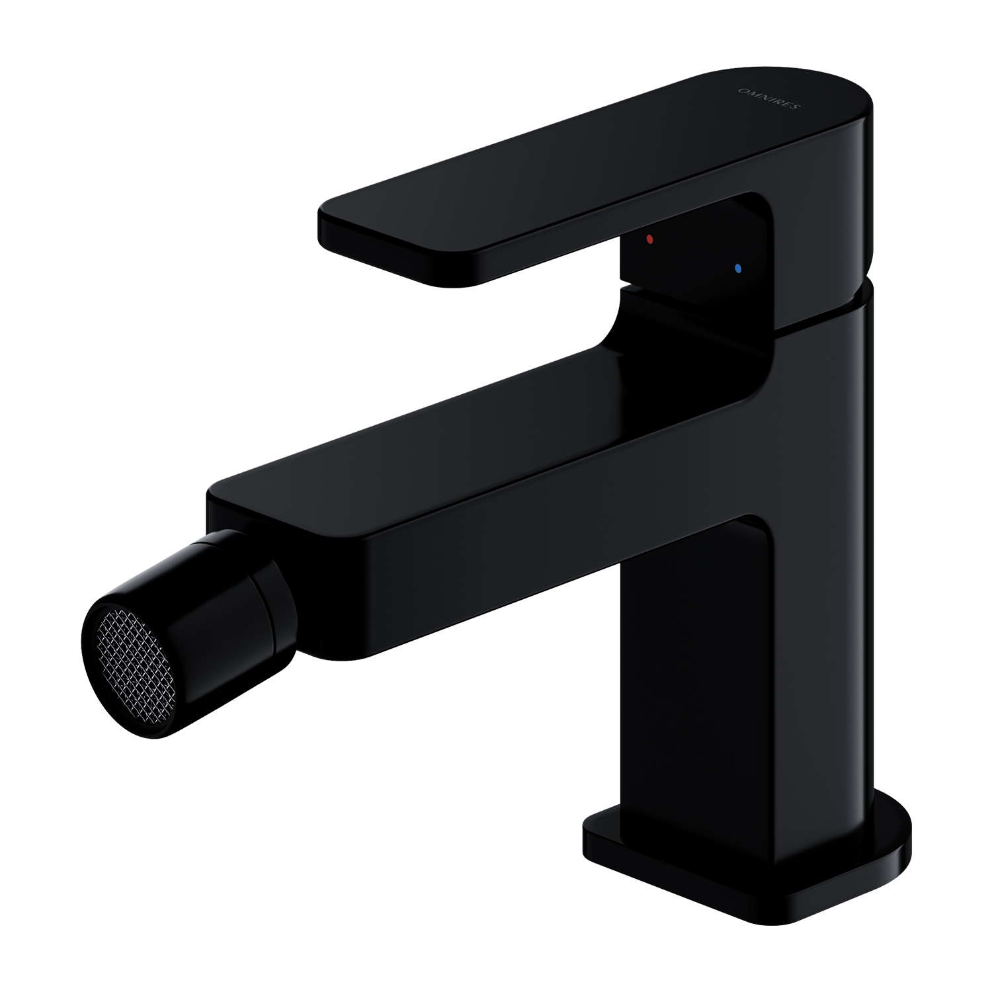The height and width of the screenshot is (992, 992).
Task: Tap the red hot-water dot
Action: pyautogui.click(x=650, y=239)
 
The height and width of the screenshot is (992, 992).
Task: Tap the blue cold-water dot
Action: pyautogui.click(x=738, y=269)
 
